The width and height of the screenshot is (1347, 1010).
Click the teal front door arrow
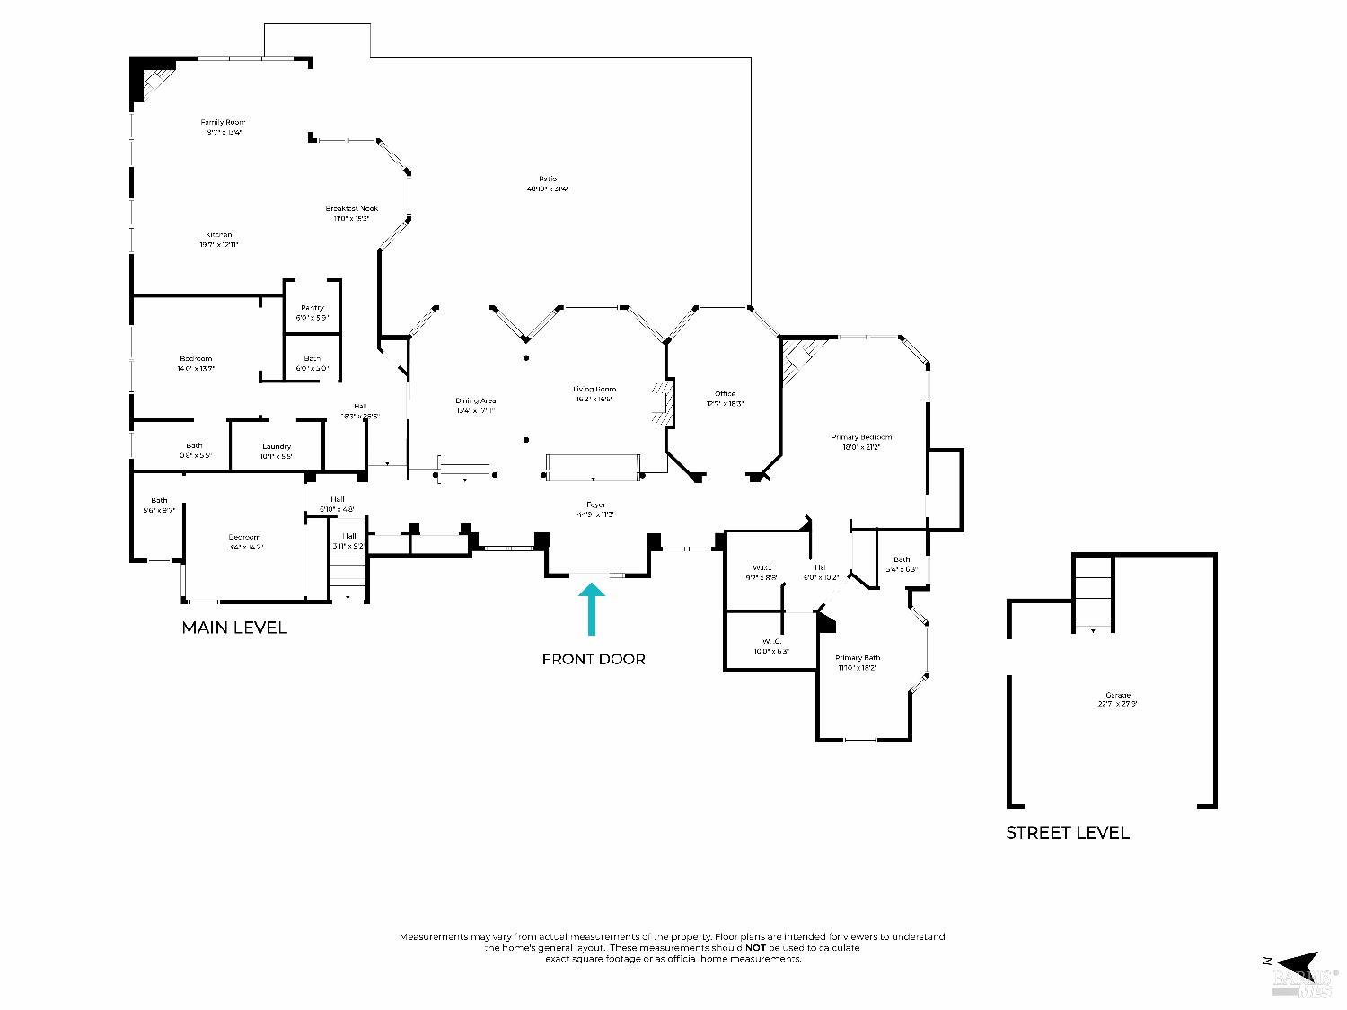[x=591, y=610]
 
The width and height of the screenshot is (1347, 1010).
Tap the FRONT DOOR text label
[x=594, y=659]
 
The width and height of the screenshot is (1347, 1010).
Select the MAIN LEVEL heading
[x=234, y=628]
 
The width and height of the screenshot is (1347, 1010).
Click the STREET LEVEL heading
[x=1067, y=832]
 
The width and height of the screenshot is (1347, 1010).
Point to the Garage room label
[x=1118, y=695]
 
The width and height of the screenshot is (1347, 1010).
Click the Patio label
[x=548, y=179]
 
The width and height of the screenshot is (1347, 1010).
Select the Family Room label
[x=223, y=122]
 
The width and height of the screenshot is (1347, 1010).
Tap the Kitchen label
[x=218, y=235]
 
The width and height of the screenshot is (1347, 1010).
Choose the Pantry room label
[x=313, y=308]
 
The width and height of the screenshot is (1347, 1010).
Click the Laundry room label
[x=277, y=446]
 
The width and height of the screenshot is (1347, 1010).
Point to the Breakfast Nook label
[x=352, y=208]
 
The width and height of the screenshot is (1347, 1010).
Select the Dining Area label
[x=476, y=400]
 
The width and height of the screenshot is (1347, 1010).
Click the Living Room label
[x=594, y=389]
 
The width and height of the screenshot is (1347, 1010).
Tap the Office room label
[x=725, y=393]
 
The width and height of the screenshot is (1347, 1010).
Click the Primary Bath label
[x=858, y=658]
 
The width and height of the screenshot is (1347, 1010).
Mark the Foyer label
[x=595, y=505]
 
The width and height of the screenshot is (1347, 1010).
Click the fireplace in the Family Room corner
[x=147, y=78]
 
